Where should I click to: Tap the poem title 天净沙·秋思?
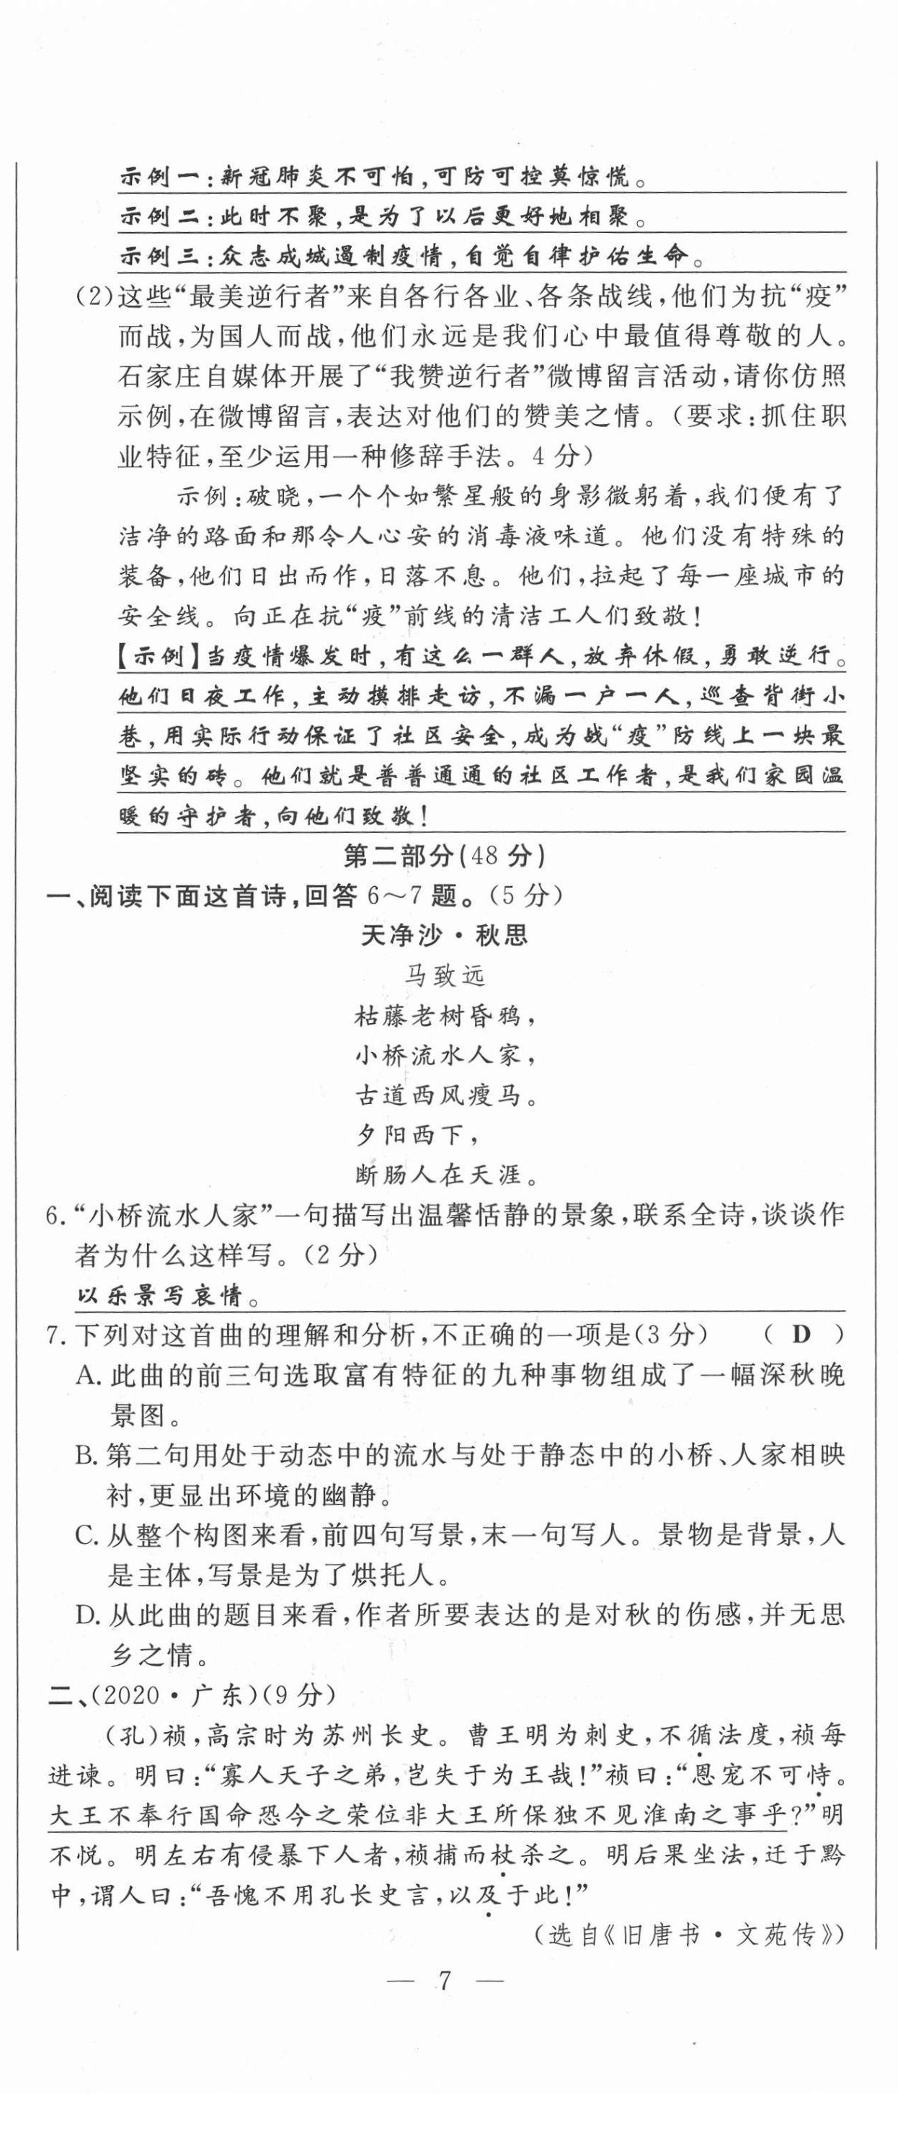pos(444,935)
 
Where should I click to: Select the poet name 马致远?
pos(444,975)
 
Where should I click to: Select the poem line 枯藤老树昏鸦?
pos(444,1015)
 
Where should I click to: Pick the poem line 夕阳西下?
pos(418,1135)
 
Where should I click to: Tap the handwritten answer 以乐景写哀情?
pos(159,1295)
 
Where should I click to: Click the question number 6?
pos(55,1216)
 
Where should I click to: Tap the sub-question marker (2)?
pos(93,297)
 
